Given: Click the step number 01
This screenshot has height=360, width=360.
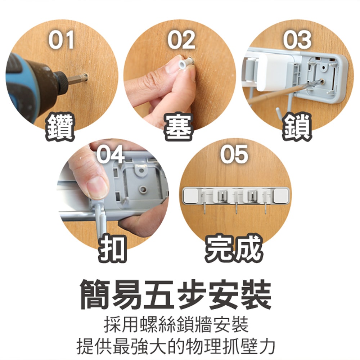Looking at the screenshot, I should click(62, 40).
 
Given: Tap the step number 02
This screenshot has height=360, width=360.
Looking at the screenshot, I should click(181, 40).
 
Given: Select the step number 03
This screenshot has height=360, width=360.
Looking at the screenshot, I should click(297, 40).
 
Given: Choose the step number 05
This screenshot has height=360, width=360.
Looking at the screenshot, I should click(234, 154).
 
